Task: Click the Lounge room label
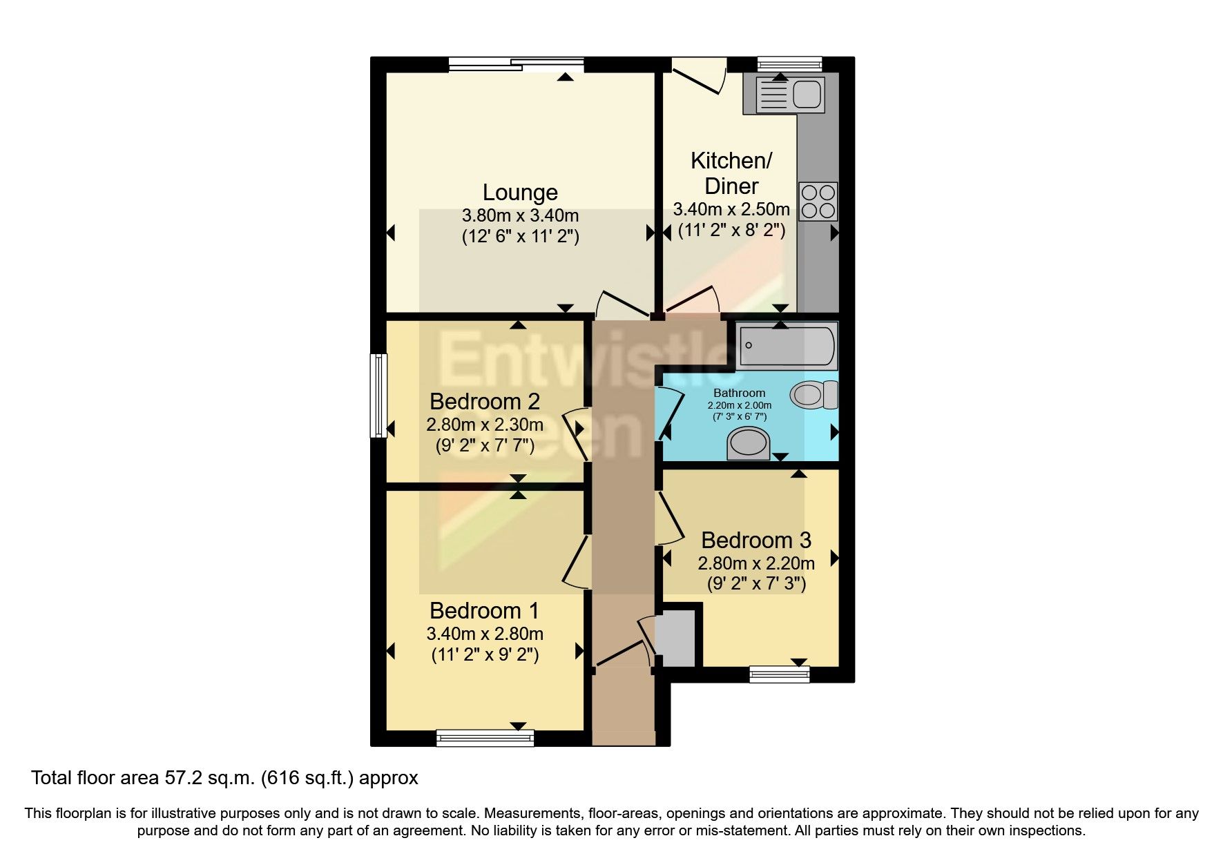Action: coord(520,193)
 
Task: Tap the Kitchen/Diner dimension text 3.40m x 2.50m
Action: coord(731,209)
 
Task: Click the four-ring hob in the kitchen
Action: coord(818,200)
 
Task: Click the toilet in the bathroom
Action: coord(813,395)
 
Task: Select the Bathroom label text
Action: coord(740,393)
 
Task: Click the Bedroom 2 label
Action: coord(485,402)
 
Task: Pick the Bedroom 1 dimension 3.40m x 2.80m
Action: coord(485,634)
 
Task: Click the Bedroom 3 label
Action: coord(756,540)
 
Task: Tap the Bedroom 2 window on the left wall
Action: coord(378,396)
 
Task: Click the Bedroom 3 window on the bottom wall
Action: coord(780,674)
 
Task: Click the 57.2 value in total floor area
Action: coord(181,779)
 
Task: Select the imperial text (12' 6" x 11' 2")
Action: coord(520,237)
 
